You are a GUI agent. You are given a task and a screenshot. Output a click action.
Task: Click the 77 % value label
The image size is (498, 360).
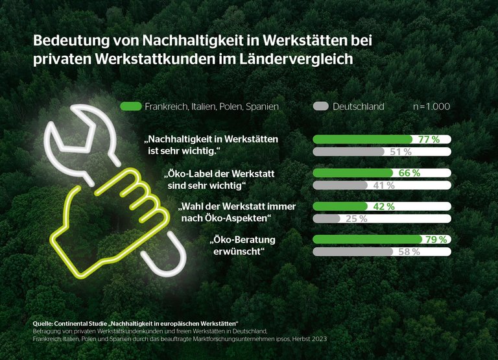tap(429, 139)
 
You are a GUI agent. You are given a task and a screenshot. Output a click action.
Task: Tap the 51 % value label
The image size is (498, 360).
tap(400, 152)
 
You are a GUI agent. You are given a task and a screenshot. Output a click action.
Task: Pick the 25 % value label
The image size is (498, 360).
tap(356, 219)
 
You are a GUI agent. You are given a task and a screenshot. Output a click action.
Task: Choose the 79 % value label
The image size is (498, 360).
tap(436, 239)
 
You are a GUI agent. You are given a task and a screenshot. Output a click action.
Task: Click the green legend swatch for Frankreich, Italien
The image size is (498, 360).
tap(131, 106)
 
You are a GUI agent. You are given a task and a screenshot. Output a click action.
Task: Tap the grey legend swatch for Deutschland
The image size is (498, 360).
tap(320, 106)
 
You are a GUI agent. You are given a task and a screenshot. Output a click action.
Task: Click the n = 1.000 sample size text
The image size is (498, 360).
tap(431, 106)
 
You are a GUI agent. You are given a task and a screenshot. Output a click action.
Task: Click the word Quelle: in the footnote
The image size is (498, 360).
tap(45, 323)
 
